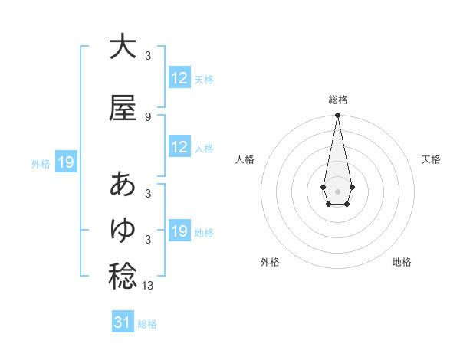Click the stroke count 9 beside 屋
[x=148, y=117]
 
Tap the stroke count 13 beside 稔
[x=149, y=286]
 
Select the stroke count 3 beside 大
[x=148, y=55]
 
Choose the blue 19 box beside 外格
[x=65, y=162]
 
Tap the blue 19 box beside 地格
[x=179, y=231]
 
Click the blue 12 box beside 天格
[x=179, y=78]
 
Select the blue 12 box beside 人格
[x=179, y=147]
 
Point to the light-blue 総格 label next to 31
[x=147, y=324]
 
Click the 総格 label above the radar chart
[x=337, y=100]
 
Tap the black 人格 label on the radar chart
[x=245, y=159]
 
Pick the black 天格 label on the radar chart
[x=431, y=159]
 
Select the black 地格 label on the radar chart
[x=402, y=263]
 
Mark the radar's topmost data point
[x=337, y=116]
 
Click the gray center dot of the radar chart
[x=337, y=190]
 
